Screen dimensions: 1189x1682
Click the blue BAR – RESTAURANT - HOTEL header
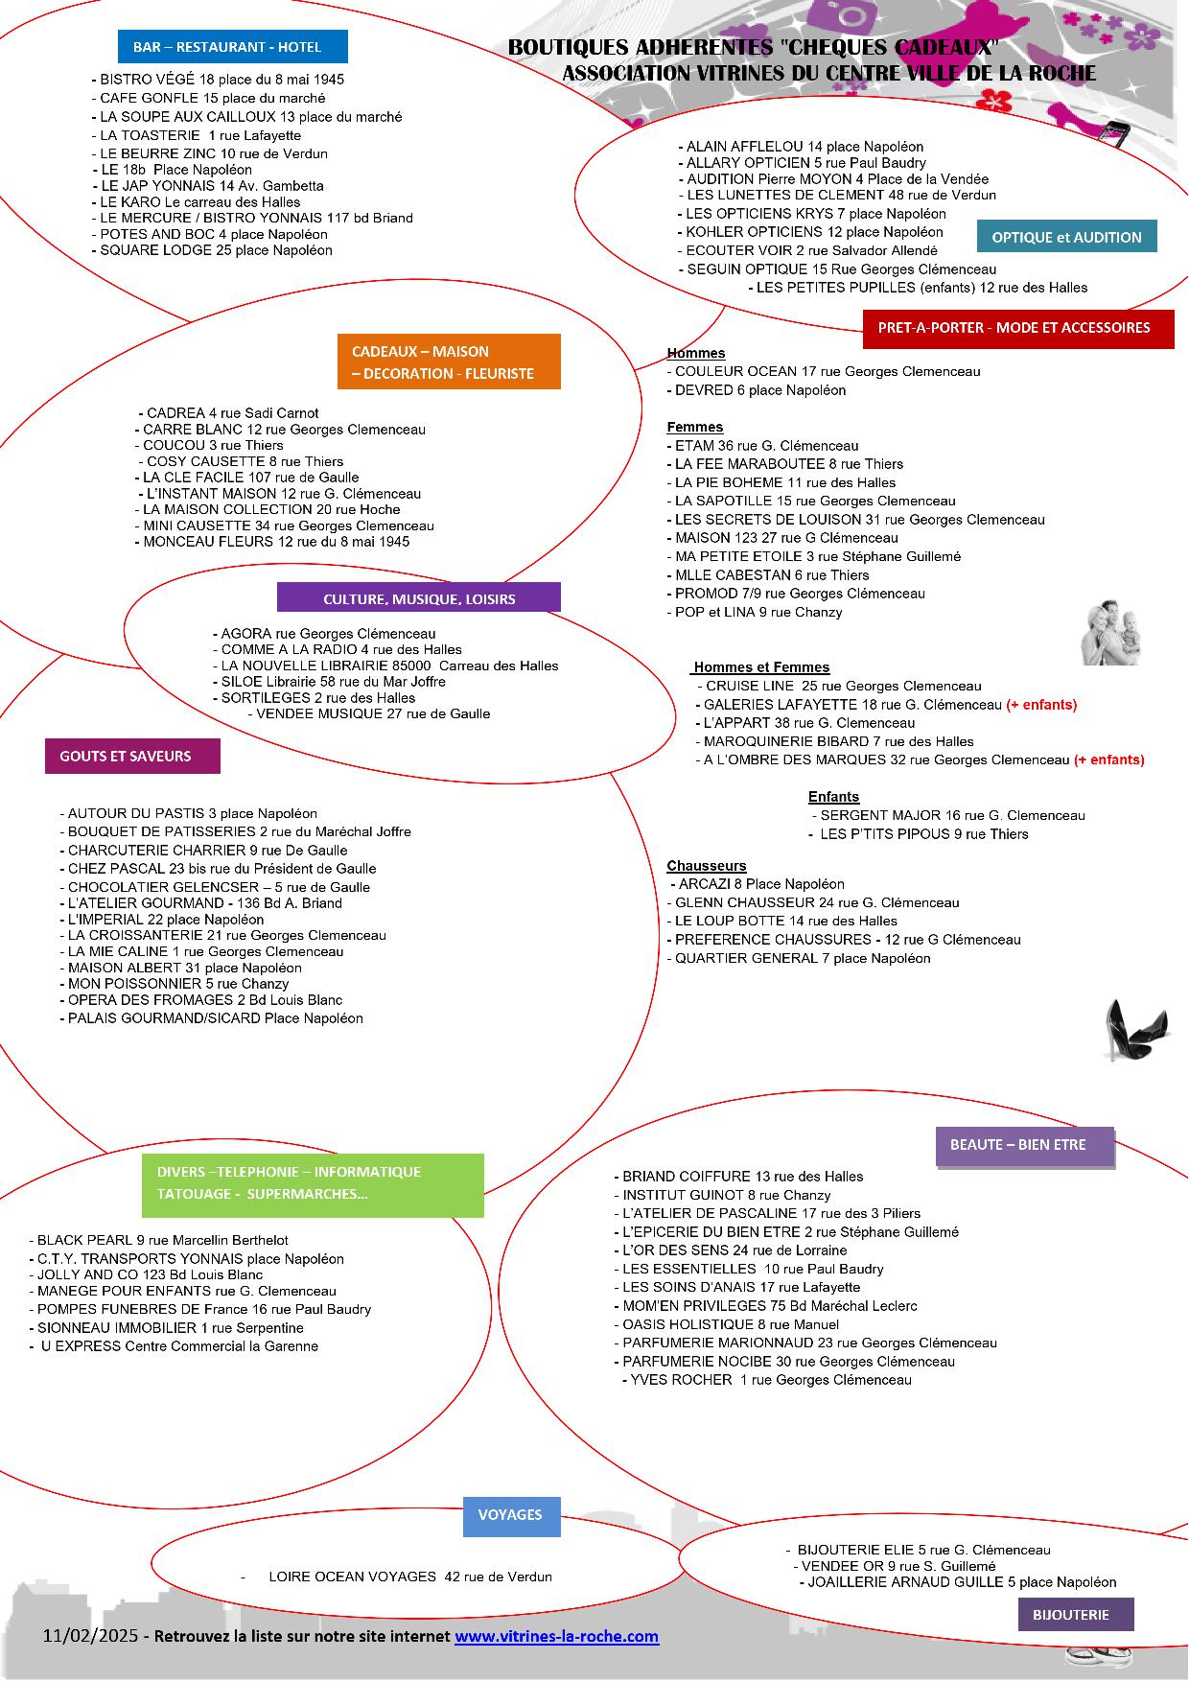233,47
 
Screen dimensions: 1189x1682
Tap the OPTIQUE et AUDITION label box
1066,237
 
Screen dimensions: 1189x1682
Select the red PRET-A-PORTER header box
1018,328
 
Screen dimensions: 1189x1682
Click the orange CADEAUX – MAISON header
449,362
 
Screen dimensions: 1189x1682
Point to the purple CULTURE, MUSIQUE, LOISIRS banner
419,598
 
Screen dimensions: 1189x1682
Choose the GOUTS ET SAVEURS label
132,756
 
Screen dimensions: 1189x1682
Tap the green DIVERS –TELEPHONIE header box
313,1183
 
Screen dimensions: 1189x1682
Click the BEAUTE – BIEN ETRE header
1025,1146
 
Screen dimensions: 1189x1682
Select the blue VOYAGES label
512,1515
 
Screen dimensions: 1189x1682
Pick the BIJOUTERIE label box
1076,1614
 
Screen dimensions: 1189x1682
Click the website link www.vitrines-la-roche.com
557,1636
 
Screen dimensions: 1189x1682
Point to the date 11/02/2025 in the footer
91,1635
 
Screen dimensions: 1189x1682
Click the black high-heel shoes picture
1136,1029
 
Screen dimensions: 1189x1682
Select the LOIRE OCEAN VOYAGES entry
410,1577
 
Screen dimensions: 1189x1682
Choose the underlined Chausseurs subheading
707,866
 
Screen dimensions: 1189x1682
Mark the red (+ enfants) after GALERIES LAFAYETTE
1041,705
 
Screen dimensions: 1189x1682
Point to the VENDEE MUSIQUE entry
369,713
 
